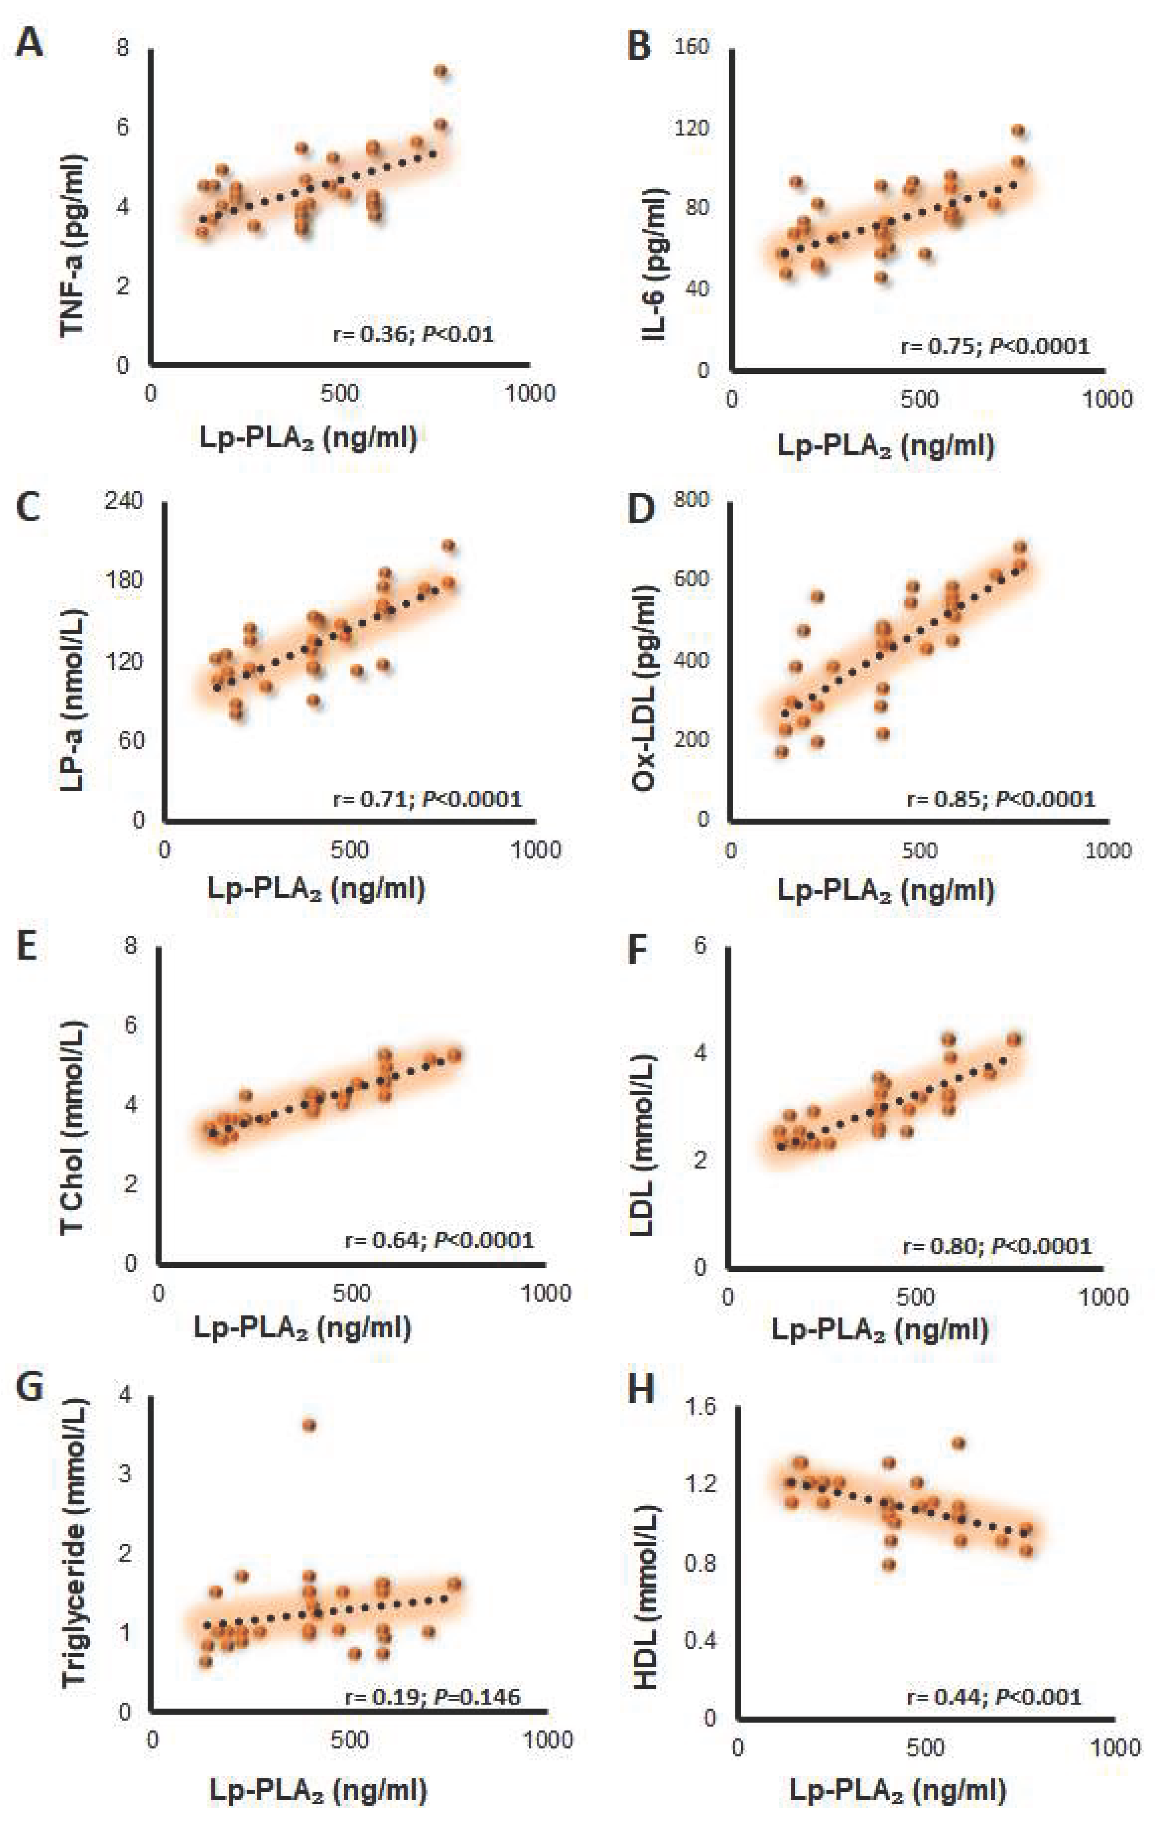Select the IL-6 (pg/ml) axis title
[x=655, y=263]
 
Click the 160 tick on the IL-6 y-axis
[x=692, y=47]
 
